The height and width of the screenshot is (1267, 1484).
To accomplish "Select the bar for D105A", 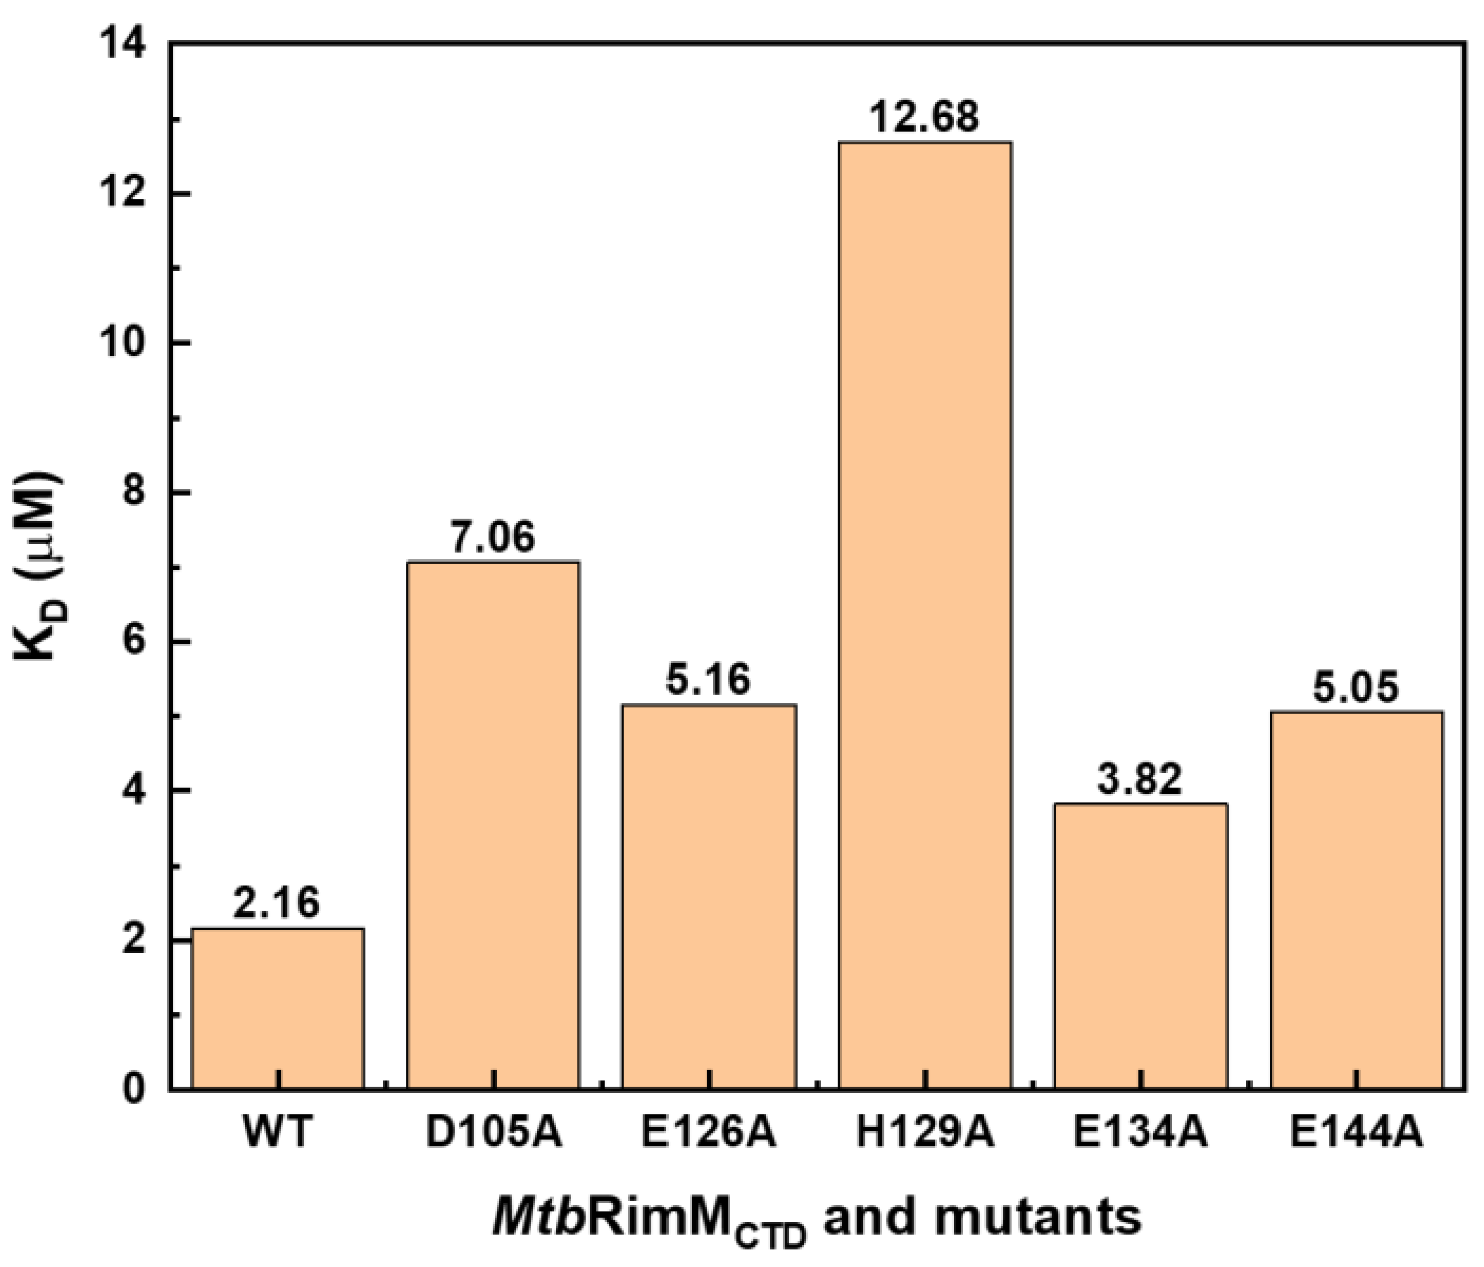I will click(x=493, y=824).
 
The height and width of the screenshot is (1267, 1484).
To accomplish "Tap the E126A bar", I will click(x=708, y=895).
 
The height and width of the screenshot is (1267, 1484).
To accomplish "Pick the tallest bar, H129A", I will click(x=924, y=616).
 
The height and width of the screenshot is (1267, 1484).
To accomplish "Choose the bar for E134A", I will click(x=1140, y=945).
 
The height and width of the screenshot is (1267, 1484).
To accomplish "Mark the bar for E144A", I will click(x=1356, y=899).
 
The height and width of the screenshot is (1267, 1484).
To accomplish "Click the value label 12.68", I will click(x=924, y=116).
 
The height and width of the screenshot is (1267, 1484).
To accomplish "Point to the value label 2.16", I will click(x=277, y=903).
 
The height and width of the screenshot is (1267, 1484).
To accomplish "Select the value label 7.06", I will click(x=493, y=537).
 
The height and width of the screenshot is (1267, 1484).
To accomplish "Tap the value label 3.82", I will click(x=1140, y=779).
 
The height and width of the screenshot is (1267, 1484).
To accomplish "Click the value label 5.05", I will click(x=1356, y=688).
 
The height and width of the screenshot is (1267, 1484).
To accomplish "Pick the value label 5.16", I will click(x=708, y=680).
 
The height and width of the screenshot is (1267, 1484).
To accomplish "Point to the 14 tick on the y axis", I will click(x=127, y=45).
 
